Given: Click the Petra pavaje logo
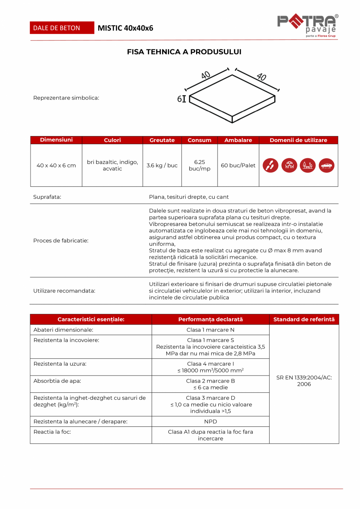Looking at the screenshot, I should pos(308,26).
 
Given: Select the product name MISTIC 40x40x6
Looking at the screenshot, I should pos(125,28).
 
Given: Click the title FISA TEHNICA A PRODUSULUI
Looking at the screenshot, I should pos(184,52).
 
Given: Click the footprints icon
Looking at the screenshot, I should pos(270,165).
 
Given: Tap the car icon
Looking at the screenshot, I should pos(326,165).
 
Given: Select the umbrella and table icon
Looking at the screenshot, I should pos(289,165).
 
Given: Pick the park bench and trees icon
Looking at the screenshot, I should pos(308,165).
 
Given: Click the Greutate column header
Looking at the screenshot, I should pos(162,140).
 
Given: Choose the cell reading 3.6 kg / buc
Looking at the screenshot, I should pos(162,165).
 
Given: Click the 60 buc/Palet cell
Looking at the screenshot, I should pos(238,165).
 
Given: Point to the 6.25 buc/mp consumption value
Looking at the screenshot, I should pos(200,165).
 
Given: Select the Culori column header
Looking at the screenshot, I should pos(112,140).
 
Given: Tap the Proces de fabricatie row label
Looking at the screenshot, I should pos(61,240).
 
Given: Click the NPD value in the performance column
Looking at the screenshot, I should pos(211,421).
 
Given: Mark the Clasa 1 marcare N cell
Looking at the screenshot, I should pos(211,330).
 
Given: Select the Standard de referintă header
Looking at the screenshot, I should pos(304,319).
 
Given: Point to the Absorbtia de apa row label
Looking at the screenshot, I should pos(58,381).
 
